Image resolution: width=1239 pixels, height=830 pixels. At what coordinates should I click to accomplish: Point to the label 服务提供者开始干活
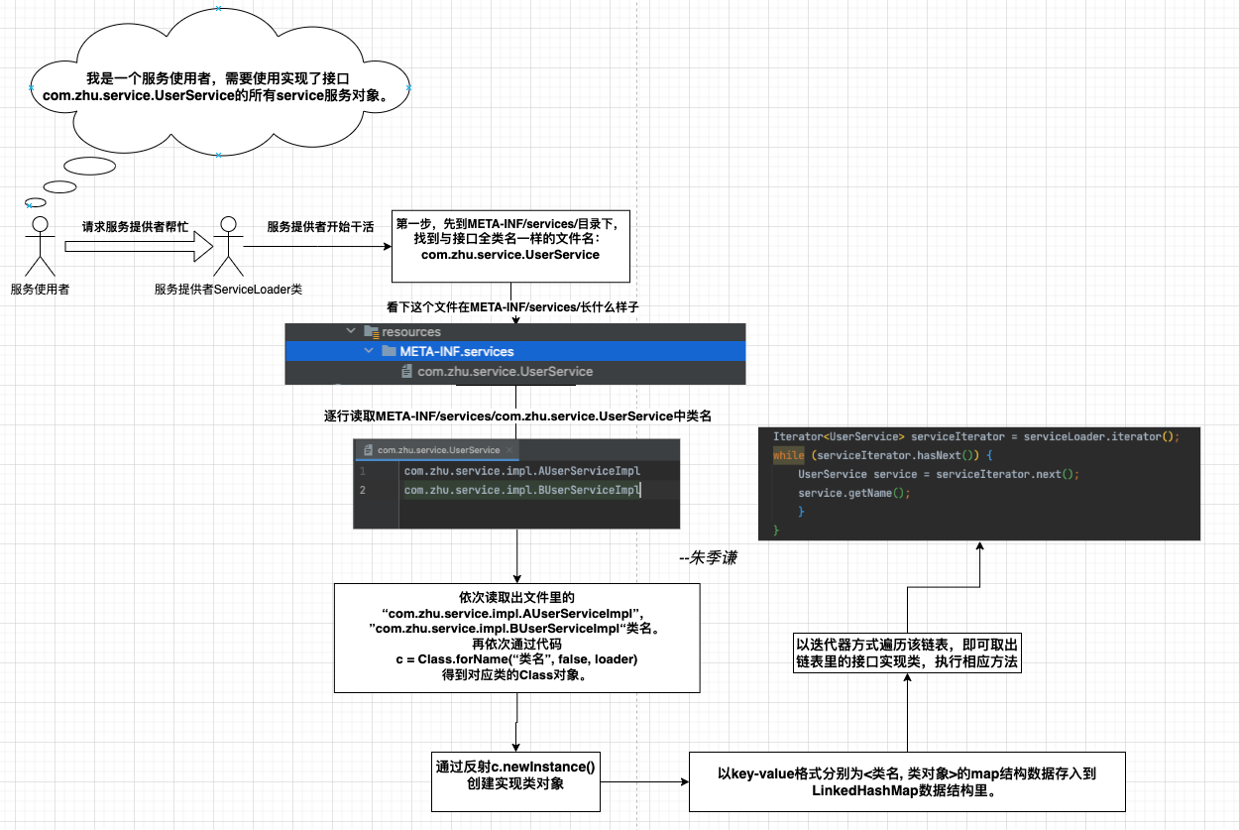pos(320,226)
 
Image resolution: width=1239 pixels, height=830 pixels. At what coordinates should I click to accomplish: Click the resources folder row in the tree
pos(410,332)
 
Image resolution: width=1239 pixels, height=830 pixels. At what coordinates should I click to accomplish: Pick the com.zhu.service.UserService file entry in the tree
pos(505,371)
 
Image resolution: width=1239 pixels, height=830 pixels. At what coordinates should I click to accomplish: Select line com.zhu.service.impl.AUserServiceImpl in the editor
pos(521,471)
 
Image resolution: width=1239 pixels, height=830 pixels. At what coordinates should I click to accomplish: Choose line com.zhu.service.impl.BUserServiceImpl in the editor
pos(521,490)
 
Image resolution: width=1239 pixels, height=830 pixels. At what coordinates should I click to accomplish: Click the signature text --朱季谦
pos(708,558)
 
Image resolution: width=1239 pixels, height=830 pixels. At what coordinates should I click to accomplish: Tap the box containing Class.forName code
pos(516,637)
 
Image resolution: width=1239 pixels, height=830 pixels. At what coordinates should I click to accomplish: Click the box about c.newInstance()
pos(516,775)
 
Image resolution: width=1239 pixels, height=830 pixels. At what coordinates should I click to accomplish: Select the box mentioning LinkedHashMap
pos(907,781)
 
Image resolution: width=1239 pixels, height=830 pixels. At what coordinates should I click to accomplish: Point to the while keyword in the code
pos(789,455)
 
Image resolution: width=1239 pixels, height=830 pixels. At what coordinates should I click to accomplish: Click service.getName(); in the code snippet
pos(853,493)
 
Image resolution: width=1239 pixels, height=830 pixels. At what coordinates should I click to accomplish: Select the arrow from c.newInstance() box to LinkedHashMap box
pos(646,781)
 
